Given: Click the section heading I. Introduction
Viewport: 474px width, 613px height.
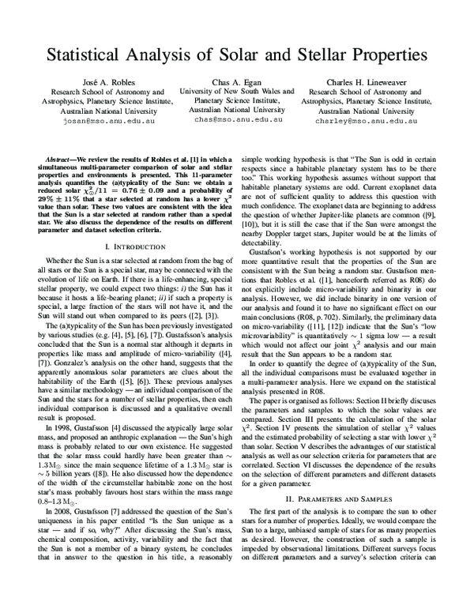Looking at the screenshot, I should click(x=130, y=247).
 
